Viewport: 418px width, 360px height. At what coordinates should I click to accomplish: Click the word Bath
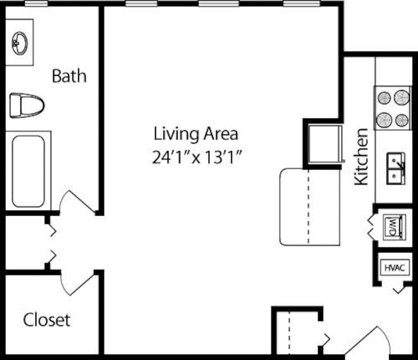coord(69,76)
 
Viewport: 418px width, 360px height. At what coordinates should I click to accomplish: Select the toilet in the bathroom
coord(26,105)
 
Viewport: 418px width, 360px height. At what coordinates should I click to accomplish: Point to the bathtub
coord(28,171)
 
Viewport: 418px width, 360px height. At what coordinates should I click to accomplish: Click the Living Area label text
coord(196,134)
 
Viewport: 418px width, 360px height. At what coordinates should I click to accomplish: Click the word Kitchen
coord(361,156)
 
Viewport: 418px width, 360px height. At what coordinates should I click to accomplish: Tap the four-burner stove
coord(393,108)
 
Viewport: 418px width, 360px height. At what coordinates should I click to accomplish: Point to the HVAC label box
coord(395,268)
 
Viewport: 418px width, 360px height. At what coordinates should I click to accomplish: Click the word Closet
coord(46,320)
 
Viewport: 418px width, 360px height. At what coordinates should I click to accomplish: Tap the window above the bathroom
coord(36,3)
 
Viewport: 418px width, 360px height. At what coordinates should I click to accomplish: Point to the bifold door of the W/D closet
coord(372,227)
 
